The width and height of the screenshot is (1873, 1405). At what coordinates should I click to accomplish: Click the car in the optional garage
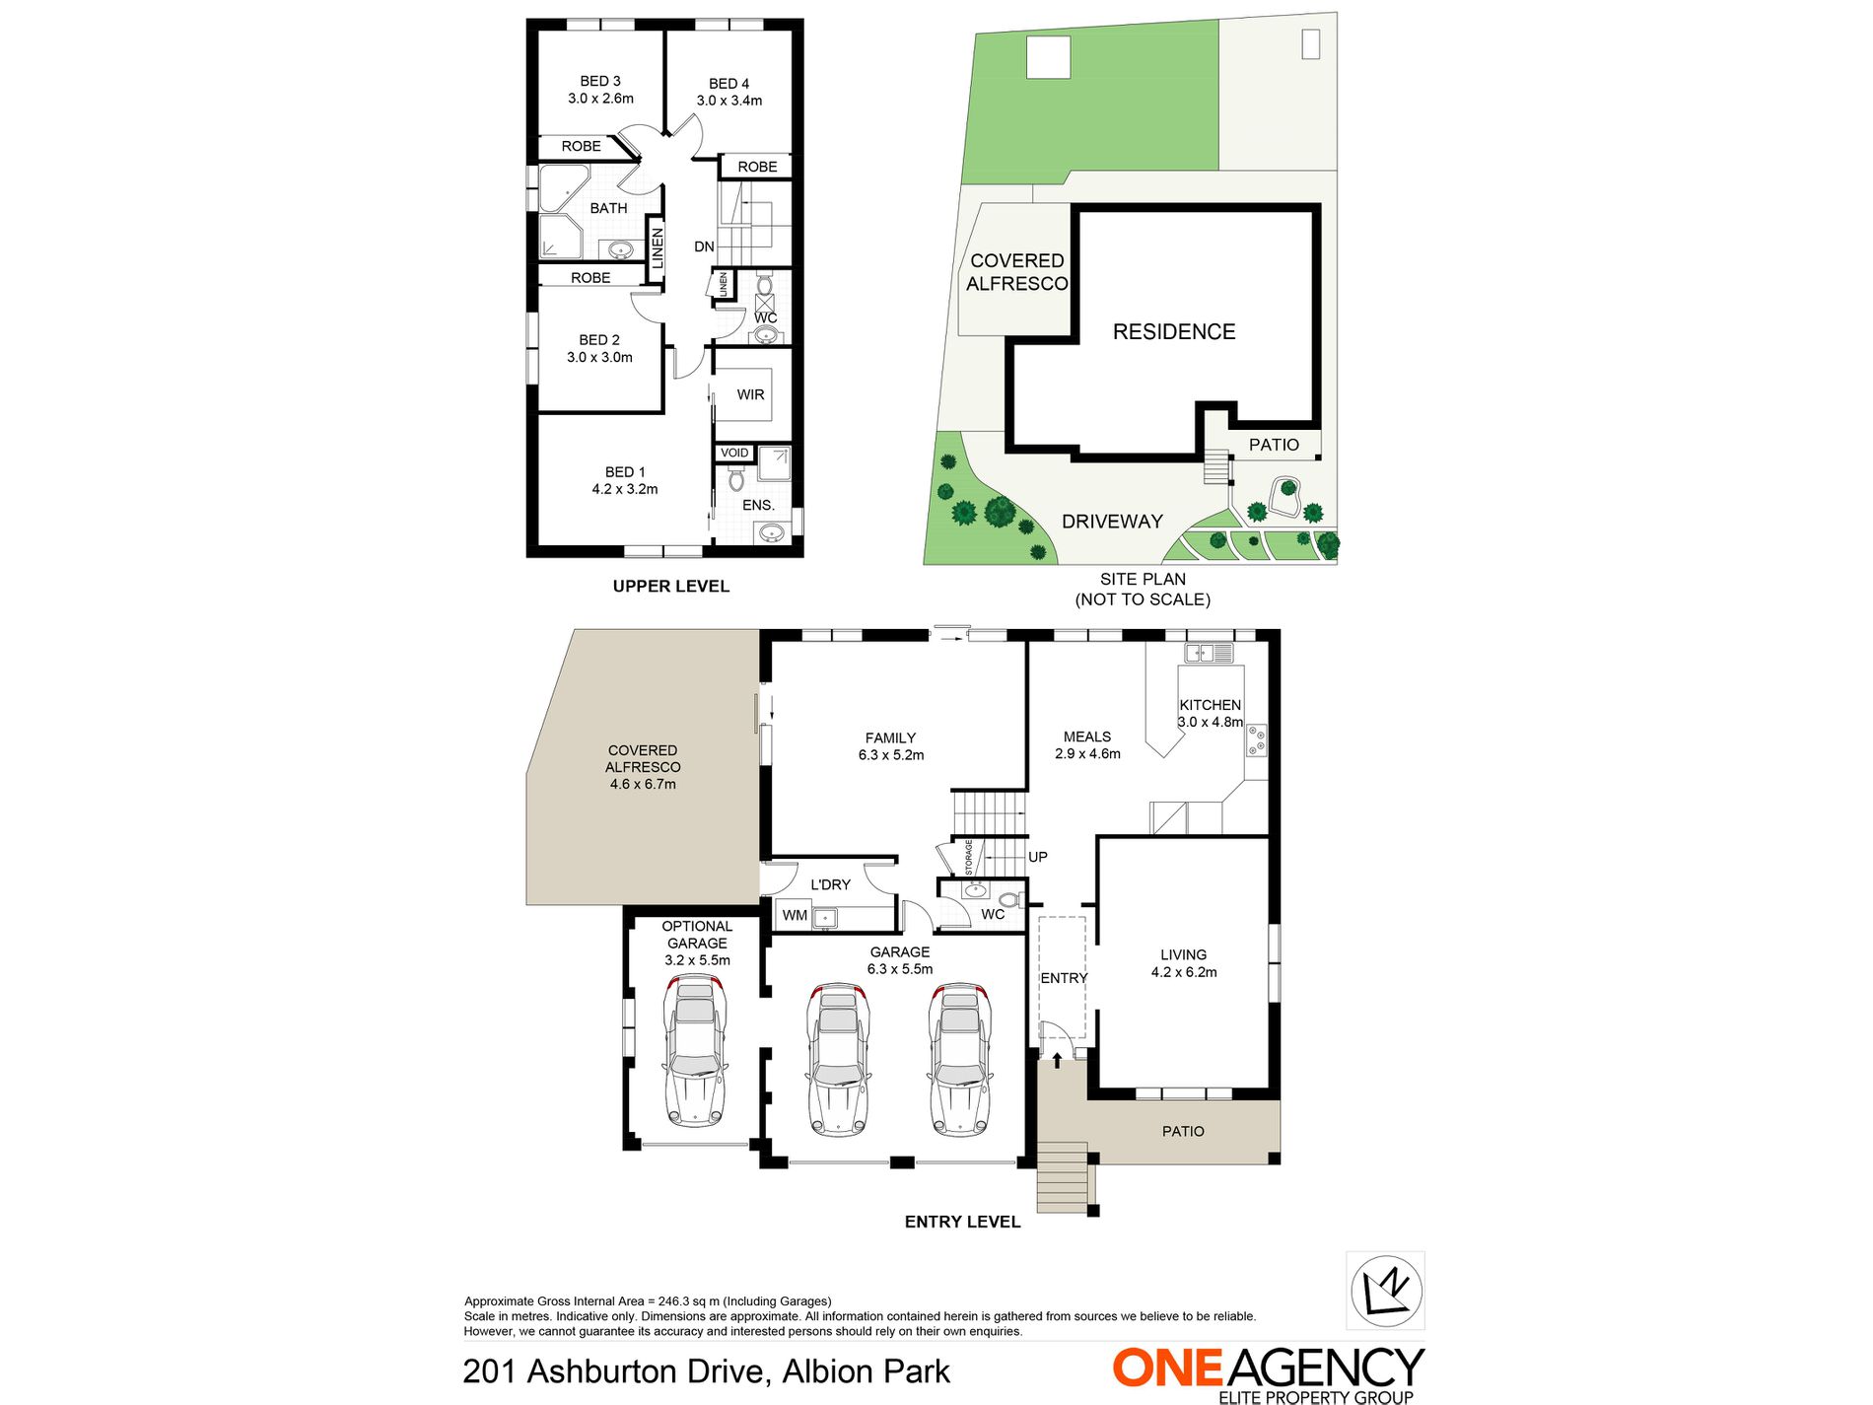point(696,1053)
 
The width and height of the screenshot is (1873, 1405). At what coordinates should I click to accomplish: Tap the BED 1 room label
point(625,472)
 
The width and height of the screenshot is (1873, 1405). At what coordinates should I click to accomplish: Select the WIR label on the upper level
point(750,394)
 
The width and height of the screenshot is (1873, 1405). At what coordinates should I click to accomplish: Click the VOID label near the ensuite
point(734,453)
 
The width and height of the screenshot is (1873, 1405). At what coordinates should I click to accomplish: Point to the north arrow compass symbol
point(1385,1290)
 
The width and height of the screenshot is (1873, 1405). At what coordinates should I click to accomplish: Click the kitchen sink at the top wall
point(1209,652)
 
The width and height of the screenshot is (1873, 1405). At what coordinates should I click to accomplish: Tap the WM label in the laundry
point(795,915)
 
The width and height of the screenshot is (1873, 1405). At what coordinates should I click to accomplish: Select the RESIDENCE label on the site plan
point(1174,331)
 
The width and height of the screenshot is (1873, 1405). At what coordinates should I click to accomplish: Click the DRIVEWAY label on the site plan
point(1112,521)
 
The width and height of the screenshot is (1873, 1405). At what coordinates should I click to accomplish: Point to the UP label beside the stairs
point(1038,857)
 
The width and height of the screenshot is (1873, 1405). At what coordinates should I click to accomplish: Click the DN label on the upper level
point(704,246)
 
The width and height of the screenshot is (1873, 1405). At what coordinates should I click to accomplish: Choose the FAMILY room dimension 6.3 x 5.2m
point(891,755)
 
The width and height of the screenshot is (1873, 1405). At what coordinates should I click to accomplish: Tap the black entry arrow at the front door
point(1058,1060)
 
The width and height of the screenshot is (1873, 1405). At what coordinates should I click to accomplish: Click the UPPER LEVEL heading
point(671,586)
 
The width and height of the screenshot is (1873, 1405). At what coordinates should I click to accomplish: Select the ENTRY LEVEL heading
point(962,1222)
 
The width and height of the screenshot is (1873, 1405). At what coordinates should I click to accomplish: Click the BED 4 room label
point(728,84)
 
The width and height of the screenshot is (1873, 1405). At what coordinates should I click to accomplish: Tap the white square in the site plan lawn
point(1048,57)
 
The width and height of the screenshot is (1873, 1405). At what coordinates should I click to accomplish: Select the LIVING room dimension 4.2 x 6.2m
point(1184,972)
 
